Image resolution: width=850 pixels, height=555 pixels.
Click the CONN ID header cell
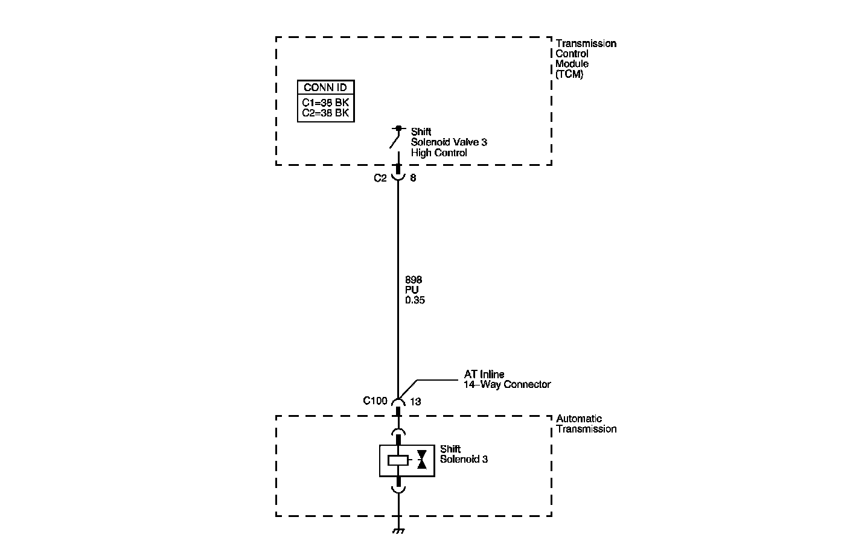coord(325,87)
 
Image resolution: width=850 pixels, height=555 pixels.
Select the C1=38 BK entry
coord(325,103)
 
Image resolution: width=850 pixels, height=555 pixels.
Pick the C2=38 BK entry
coord(325,113)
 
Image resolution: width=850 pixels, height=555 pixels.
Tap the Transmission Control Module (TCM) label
coord(585,59)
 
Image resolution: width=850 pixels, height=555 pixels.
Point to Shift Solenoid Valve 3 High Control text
coord(449,142)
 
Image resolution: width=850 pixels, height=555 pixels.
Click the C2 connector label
coord(380,178)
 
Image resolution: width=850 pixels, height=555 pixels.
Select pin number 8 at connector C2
coord(413,178)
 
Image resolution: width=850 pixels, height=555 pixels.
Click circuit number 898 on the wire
coord(414,280)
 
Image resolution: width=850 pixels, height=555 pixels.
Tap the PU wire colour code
coord(412,290)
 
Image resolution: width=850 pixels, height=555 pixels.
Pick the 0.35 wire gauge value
coord(415,300)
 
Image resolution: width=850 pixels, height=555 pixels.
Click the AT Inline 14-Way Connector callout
coord(506,379)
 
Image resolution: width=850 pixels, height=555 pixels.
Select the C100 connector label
coord(375,400)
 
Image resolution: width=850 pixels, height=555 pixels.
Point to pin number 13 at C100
coord(415,401)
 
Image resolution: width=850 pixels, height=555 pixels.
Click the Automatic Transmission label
coord(586,423)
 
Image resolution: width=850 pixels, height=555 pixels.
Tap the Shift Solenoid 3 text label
coord(464,454)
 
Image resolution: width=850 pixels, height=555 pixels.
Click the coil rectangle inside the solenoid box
coord(398,460)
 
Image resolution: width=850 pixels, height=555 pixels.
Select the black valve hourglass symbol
coord(422,460)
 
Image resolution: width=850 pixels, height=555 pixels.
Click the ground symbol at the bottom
coord(398,531)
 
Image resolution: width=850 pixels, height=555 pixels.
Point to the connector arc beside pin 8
coord(398,177)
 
